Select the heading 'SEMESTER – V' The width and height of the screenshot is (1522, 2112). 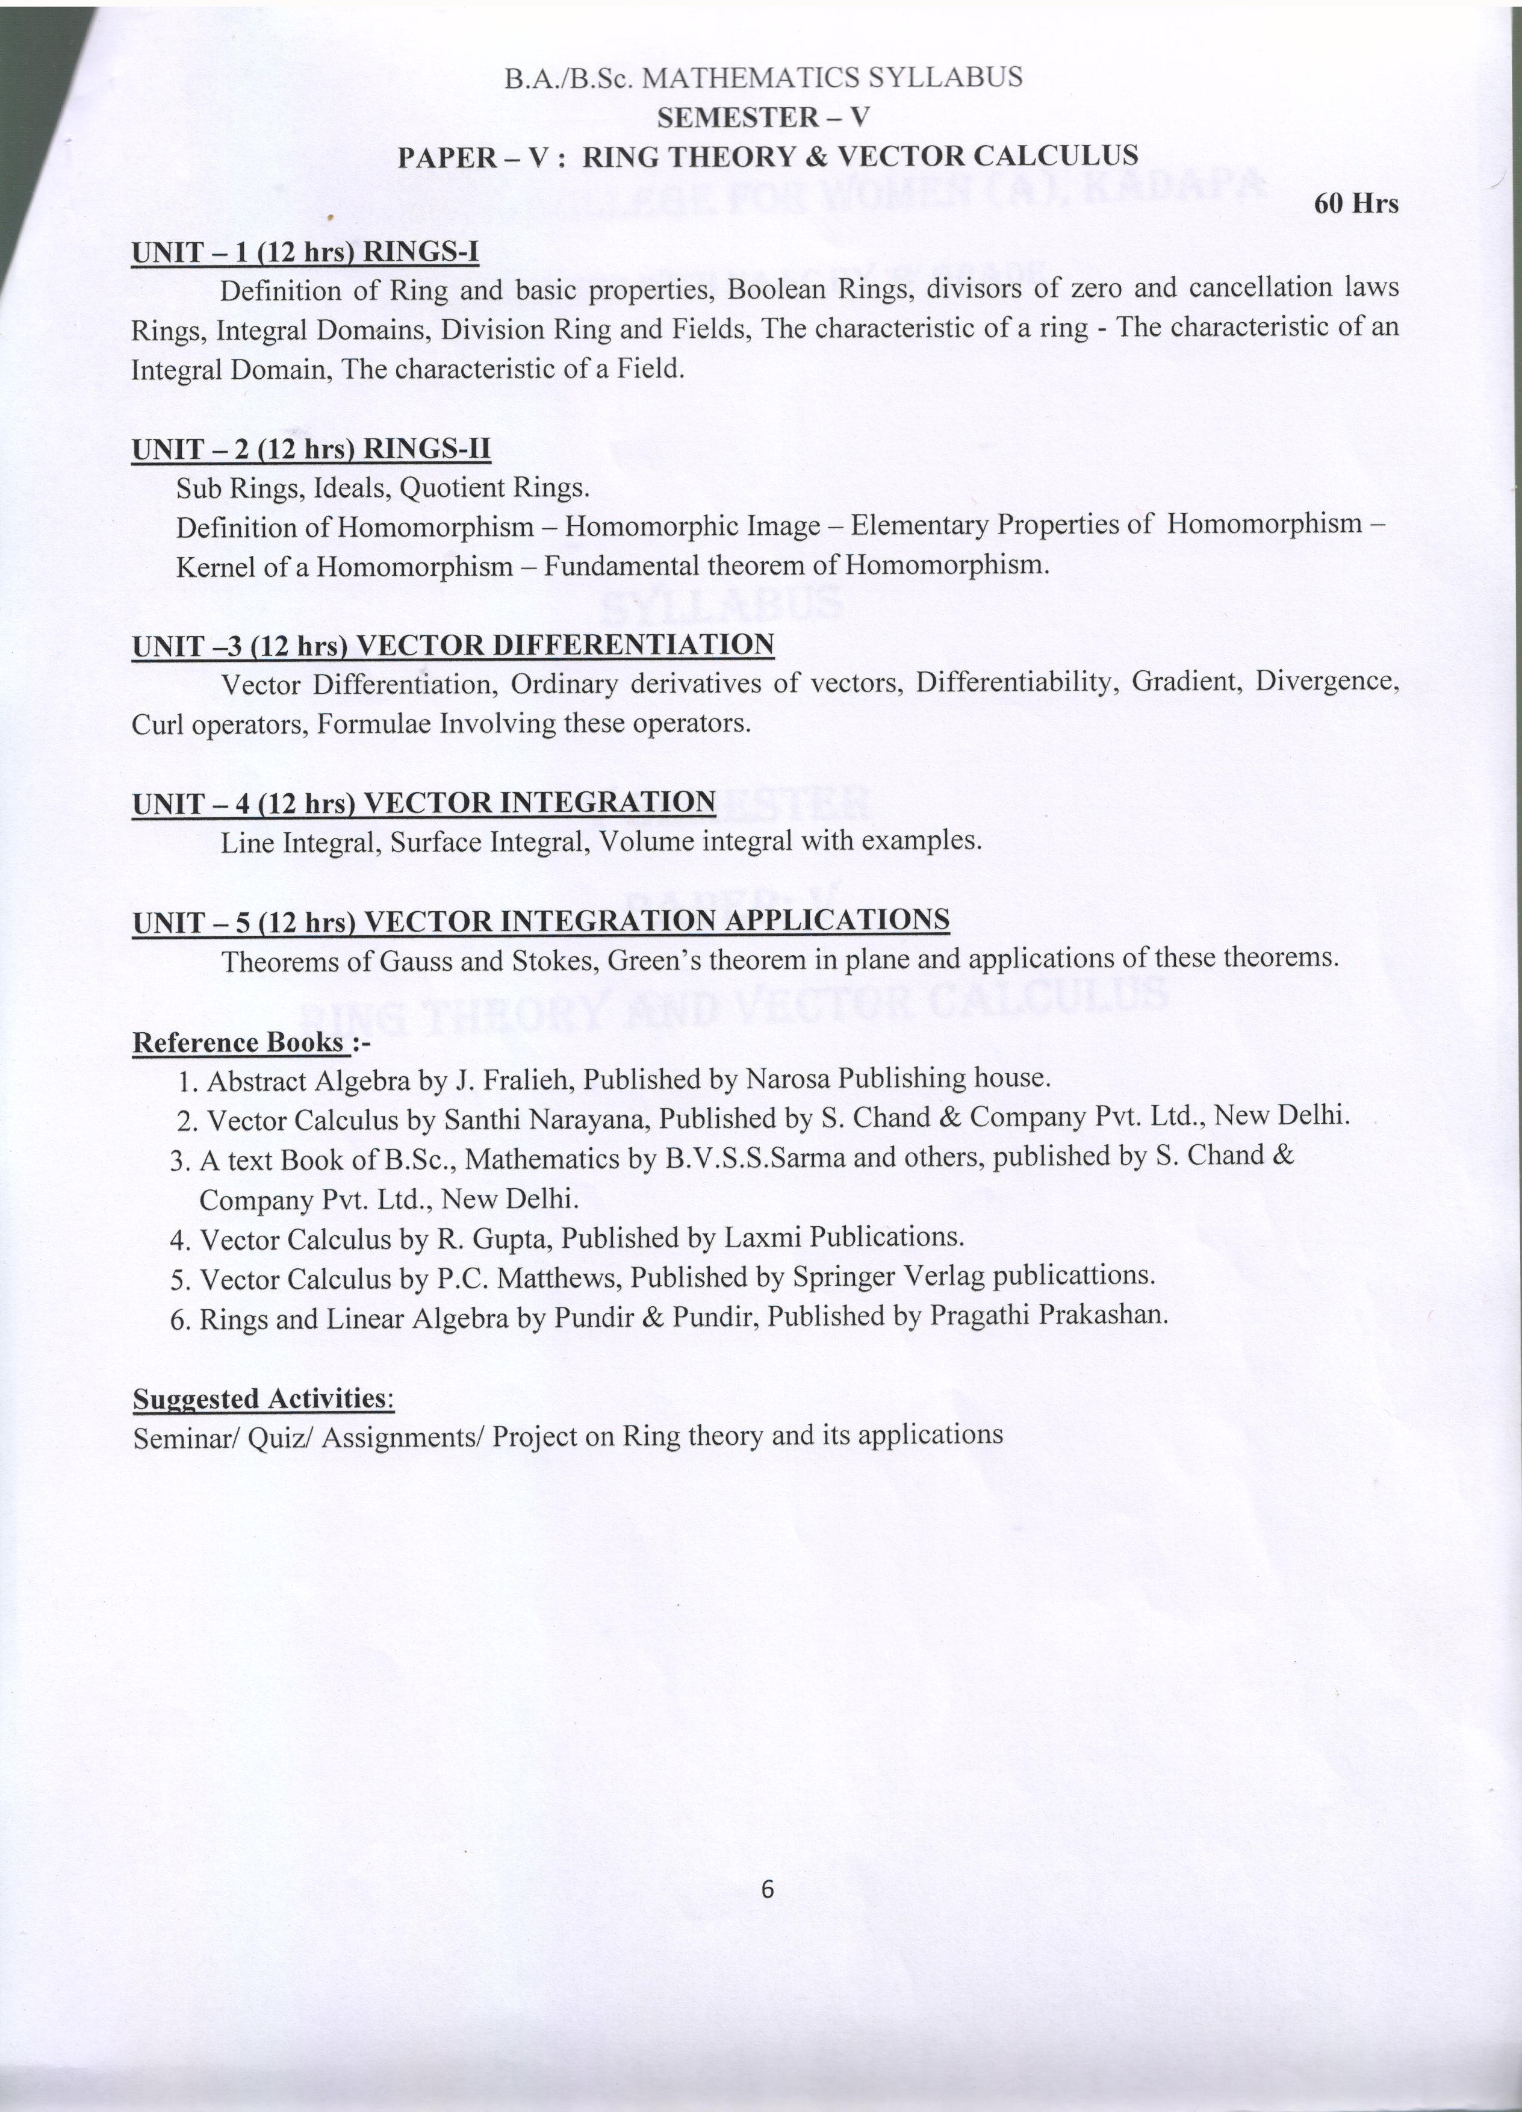tap(763, 117)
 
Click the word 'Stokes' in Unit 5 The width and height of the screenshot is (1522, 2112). tap(555, 960)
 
